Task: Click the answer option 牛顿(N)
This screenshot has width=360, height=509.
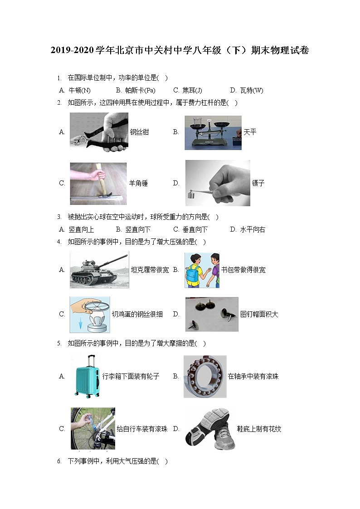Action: click(79, 90)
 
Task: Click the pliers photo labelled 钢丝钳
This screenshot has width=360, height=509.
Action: click(99, 132)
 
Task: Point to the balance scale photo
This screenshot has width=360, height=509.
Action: click(213, 132)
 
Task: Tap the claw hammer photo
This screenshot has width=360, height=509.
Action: click(98, 184)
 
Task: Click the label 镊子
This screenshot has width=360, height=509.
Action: click(258, 184)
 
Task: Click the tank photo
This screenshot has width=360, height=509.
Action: click(99, 270)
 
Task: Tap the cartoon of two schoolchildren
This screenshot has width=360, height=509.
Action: click(202, 270)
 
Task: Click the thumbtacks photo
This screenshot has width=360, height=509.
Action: click(212, 314)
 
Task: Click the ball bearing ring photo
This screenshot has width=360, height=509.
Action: click(204, 376)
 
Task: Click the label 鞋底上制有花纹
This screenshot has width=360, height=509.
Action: click(259, 429)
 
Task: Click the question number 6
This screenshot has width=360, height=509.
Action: click(59, 461)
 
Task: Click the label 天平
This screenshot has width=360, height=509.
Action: click(250, 132)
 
